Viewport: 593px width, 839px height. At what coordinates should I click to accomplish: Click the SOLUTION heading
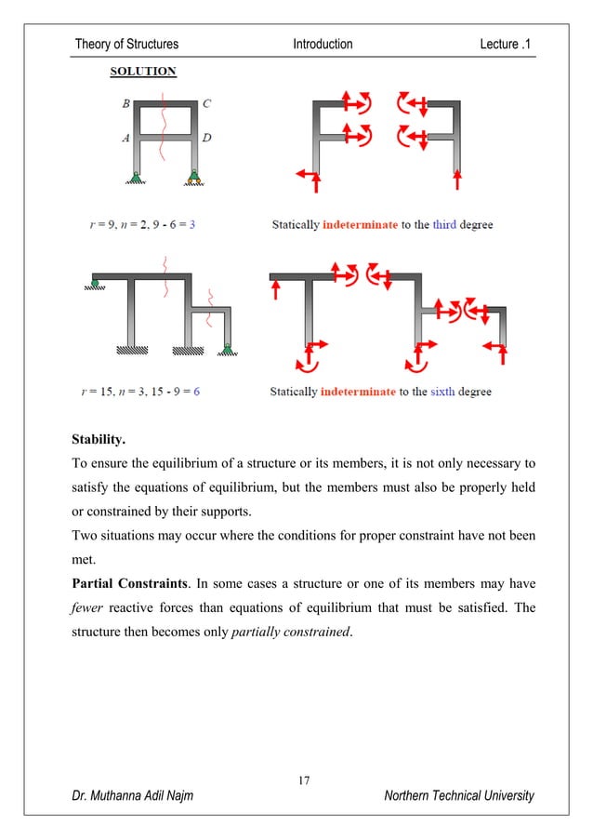144,71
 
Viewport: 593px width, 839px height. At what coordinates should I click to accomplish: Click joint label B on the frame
126,104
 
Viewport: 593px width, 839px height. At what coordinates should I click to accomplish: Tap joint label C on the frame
205,104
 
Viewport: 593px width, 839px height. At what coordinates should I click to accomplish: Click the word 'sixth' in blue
444,392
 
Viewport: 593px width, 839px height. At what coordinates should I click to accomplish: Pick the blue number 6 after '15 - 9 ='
196,392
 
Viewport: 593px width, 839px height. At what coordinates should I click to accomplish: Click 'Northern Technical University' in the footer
458,796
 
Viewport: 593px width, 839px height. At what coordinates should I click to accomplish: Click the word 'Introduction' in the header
323,44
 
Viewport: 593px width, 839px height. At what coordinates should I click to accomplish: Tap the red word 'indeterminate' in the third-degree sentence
361,225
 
